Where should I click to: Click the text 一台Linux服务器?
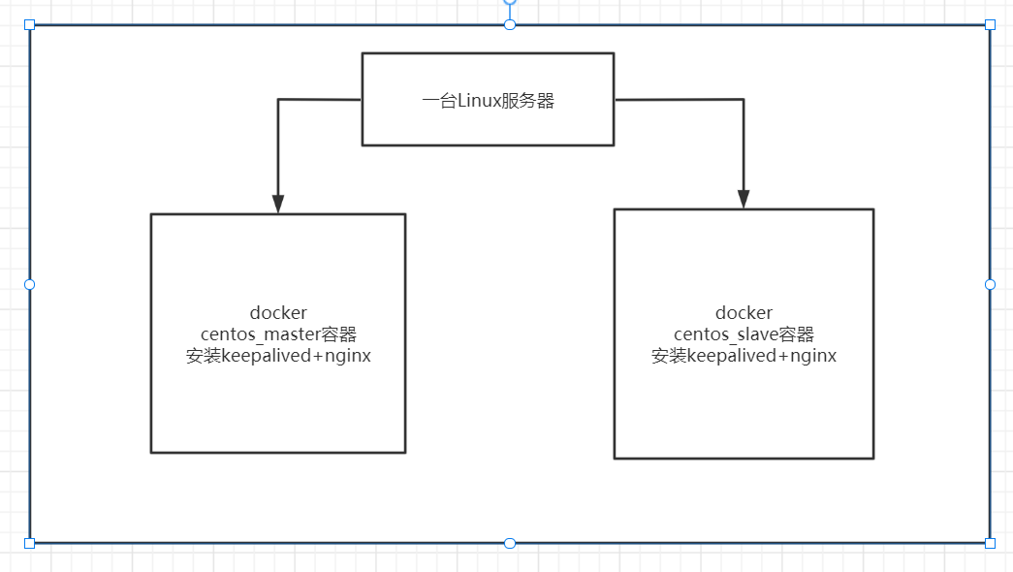488,101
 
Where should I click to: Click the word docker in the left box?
278,313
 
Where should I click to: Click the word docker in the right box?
744,313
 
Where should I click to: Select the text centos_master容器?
278,334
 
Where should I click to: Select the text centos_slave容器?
744,334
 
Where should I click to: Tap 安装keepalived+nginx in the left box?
278,356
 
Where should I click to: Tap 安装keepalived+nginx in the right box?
744,356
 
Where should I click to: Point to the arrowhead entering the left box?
278,204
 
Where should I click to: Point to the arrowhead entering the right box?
744,199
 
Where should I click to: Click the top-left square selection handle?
29,24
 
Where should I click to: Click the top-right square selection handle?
990,24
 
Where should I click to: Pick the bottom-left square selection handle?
29,543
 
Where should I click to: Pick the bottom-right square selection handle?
990,543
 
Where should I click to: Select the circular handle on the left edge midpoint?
29,284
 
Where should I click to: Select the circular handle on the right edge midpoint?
990,284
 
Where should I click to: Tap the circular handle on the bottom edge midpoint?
510,543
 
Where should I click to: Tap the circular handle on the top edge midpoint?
510,24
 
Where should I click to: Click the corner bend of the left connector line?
278,100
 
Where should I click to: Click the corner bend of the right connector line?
744,100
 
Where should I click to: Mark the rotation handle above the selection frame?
510,2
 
